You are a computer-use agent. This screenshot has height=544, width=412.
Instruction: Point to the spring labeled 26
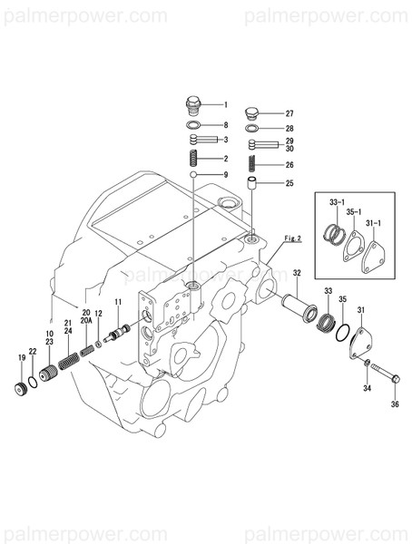254,165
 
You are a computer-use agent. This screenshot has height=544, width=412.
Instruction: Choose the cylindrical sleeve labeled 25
254,184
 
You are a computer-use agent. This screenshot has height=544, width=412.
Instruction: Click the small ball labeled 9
193,174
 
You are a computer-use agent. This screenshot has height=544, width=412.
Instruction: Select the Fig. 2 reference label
292,238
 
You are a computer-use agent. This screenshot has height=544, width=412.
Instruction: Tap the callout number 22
33,353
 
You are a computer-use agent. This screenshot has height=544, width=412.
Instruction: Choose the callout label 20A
86,321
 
